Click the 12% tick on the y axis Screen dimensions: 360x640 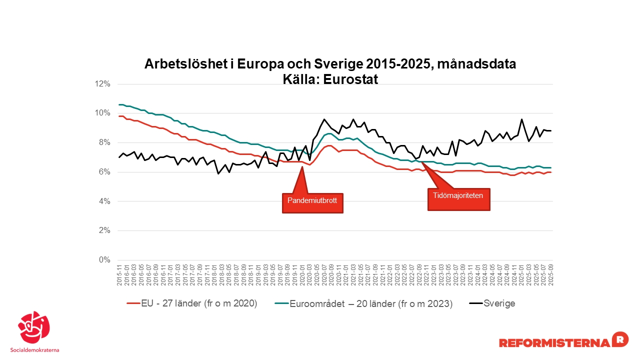click(x=102, y=84)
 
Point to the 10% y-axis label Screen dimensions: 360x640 click(x=102, y=113)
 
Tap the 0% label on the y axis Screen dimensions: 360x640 click(x=104, y=260)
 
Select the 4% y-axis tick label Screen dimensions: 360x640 click(x=104, y=201)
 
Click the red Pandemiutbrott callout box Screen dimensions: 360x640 click(x=313, y=202)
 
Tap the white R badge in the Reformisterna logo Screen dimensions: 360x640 click(x=620, y=339)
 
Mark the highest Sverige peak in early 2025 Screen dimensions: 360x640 click(x=521, y=119)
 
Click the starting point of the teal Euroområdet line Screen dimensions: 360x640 click(x=119, y=104)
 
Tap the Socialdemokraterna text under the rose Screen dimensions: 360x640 click(x=34, y=349)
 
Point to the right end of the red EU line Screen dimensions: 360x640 click(x=550, y=172)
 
